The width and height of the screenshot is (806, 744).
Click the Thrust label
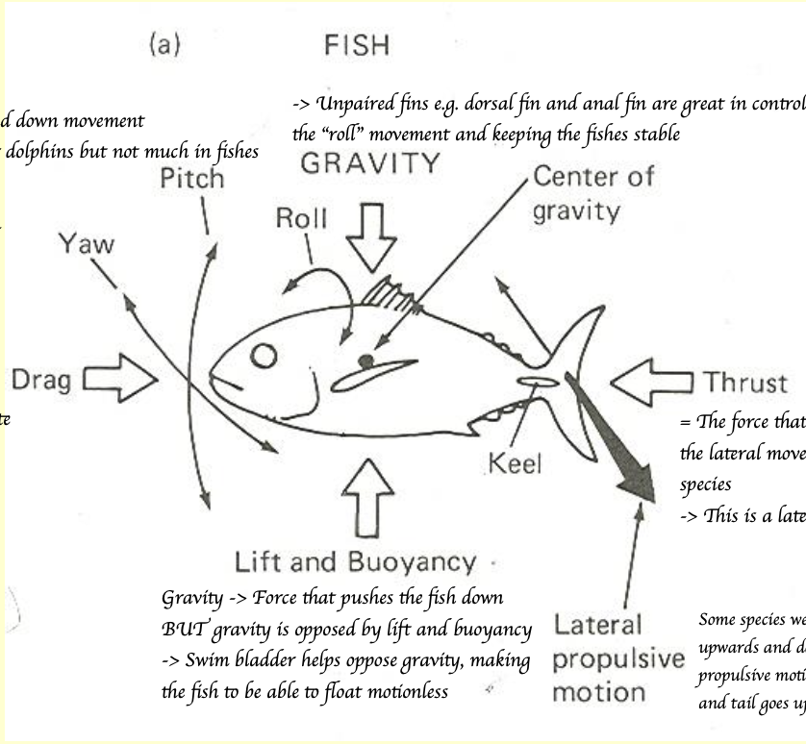[x=745, y=383]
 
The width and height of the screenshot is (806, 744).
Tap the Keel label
[x=515, y=465]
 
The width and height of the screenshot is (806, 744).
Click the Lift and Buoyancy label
[x=355, y=561]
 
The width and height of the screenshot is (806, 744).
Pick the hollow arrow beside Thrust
[x=650, y=383]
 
